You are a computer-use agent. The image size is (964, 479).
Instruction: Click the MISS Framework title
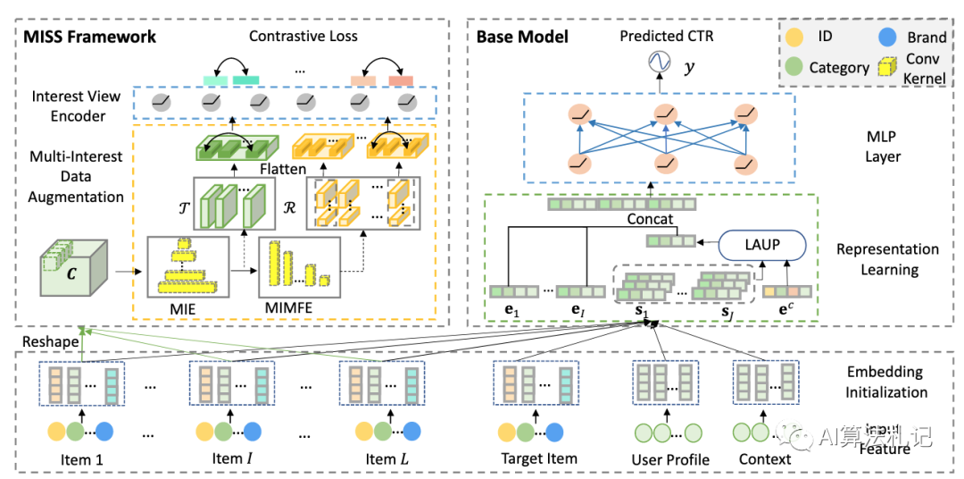pyautogui.click(x=90, y=37)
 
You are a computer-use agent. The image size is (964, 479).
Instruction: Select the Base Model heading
pyautogui.click(x=522, y=37)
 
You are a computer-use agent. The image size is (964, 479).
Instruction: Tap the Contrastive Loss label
pyautogui.click(x=303, y=37)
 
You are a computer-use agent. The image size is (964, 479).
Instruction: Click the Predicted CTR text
pyautogui.click(x=668, y=37)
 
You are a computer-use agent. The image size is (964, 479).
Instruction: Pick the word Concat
pyautogui.click(x=649, y=219)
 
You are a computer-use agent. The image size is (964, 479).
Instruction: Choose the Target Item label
pyautogui.click(x=539, y=458)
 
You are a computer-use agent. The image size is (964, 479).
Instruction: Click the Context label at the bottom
pyautogui.click(x=764, y=458)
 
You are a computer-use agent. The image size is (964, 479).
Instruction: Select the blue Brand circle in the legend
pyautogui.click(x=887, y=38)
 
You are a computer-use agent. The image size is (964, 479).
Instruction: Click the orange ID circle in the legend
pyautogui.click(x=796, y=38)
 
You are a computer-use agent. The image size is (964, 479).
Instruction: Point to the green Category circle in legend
pyautogui.click(x=796, y=67)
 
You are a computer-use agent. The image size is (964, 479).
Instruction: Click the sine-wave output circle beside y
pyautogui.click(x=660, y=64)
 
